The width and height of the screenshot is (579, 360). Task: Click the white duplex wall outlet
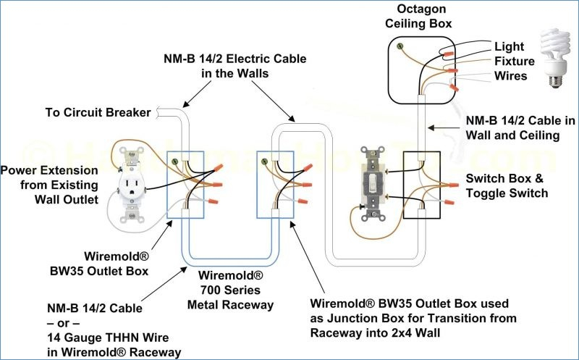coord(131,186)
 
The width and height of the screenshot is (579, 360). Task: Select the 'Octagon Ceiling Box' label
coord(418,16)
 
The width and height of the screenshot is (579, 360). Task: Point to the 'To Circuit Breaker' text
coord(98,112)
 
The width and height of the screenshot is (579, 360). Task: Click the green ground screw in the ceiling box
coord(400,46)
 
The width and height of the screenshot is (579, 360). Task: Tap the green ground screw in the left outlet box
coord(175,161)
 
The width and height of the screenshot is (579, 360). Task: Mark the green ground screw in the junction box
coord(264,161)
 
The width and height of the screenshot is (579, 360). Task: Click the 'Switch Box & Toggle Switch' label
coord(507,185)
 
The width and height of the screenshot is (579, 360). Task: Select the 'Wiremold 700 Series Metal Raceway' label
coord(230,290)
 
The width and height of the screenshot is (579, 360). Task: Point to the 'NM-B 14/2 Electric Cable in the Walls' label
coord(235,66)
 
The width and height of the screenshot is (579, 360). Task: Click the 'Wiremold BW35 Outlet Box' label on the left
coord(99,264)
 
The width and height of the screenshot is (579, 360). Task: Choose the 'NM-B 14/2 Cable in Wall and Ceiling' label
coord(520,127)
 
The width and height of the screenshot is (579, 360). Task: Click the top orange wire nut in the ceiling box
coord(448,54)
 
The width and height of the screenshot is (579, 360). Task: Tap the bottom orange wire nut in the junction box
coord(303,201)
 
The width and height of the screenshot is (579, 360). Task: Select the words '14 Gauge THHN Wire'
coord(108,338)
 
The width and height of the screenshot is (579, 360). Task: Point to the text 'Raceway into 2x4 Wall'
coord(375,332)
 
